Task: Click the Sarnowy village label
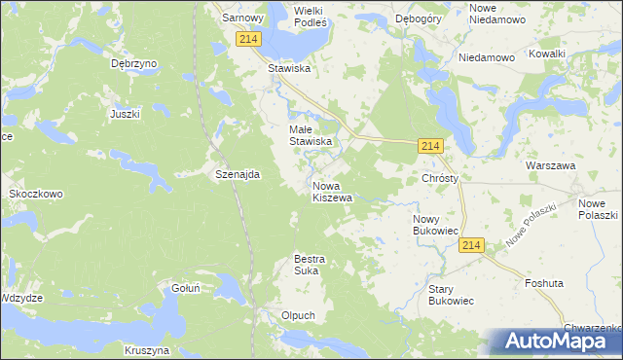pos(243,18)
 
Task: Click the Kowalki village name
pos(547,54)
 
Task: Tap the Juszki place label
pos(126,114)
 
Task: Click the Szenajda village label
pos(237,174)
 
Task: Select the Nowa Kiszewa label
pos(332,192)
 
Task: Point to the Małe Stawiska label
pos(311,135)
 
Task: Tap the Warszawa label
pos(551,165)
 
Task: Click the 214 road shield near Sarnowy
pos(247,38)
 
